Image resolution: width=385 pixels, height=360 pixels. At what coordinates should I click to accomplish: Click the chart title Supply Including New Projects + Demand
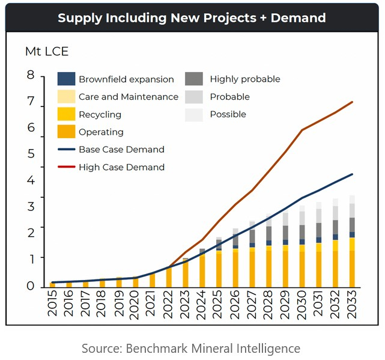click(x=192, y=17)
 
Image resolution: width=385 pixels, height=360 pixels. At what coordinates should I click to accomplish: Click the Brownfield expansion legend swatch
click(x=66, y=79)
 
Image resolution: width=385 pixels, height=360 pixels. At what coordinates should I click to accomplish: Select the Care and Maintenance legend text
click(x=128, y=97)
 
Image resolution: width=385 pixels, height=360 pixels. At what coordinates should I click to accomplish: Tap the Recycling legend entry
click(x=100, y=114)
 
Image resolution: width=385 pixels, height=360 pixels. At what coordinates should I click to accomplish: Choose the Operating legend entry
click(x=101, y=132)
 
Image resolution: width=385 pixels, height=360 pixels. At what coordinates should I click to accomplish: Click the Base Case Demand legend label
click(x=121, y=149)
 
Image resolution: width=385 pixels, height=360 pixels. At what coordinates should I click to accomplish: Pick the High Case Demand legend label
click(x=121, y=167)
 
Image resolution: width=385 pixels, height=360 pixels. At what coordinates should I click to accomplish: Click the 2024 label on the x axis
click(x=202, y=306)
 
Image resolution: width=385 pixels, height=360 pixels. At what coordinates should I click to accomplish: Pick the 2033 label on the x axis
click(x=352, y=306)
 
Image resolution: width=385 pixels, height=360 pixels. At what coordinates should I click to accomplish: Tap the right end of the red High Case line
click(x=353, y=102)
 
